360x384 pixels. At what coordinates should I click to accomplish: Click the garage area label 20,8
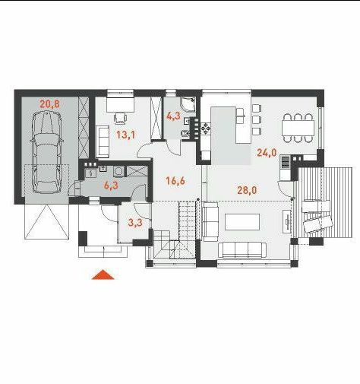coord(49,104)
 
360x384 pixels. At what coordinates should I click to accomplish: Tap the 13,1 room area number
coord(126,135)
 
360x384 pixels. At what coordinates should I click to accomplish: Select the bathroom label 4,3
coord(173,116)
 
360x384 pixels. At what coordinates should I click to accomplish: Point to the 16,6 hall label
coord(175,181)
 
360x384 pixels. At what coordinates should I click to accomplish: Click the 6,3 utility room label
coord(111,186)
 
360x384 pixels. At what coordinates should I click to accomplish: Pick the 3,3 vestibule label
coord(135,223)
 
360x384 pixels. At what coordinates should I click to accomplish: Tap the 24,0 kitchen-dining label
coord(267,153)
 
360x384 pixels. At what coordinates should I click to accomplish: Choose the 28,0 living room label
coord(247,190)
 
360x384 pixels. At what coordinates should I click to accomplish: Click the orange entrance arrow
coord(103,275)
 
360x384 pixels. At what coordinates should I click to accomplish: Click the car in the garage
coord(46,152)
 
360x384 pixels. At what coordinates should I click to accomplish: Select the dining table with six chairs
coord(298,128)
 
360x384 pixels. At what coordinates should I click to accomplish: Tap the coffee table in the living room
coord(242,222)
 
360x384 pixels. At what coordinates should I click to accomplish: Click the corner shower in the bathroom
coord(188,105)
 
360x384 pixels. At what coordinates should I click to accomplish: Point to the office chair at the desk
coord(121,119)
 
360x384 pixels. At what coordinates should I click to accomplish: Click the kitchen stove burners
coord(206,129)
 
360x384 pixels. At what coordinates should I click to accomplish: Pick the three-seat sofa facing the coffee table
coord(242,250)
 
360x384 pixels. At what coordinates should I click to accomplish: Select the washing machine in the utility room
coord(118,172)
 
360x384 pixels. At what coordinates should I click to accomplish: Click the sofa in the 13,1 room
coord(103,141)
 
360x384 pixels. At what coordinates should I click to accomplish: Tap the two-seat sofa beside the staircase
coord(210,222)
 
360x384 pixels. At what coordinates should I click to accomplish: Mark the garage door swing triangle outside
coord(46,222)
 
